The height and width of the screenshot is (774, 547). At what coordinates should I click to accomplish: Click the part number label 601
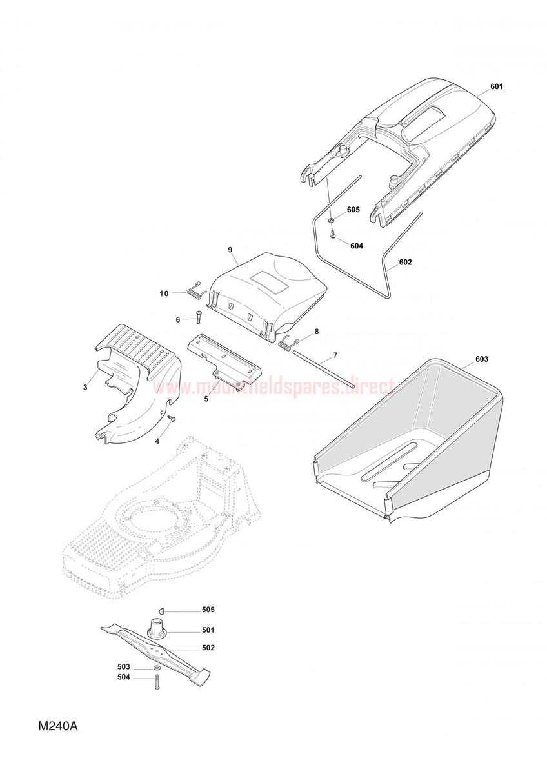[496, 86]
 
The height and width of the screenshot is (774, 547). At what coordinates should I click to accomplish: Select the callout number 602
[405, 263]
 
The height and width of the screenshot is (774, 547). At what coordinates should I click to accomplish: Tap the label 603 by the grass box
[482, 359]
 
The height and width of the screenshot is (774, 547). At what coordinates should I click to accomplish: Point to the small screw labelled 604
[333, 235]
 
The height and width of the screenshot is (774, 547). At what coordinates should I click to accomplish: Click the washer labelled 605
[332, 220]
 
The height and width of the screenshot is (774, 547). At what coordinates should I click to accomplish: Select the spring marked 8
[288, 342]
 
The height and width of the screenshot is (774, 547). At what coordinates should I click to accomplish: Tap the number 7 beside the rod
[335, 355]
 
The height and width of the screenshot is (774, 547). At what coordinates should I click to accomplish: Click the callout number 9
[230, 250]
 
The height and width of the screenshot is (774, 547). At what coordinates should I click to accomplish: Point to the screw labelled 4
[171, 419]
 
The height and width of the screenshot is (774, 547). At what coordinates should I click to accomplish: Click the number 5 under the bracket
[206, 399]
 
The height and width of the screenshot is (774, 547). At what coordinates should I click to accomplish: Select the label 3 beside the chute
[85, 388]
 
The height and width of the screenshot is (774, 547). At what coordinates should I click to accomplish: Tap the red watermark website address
[273, 388]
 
